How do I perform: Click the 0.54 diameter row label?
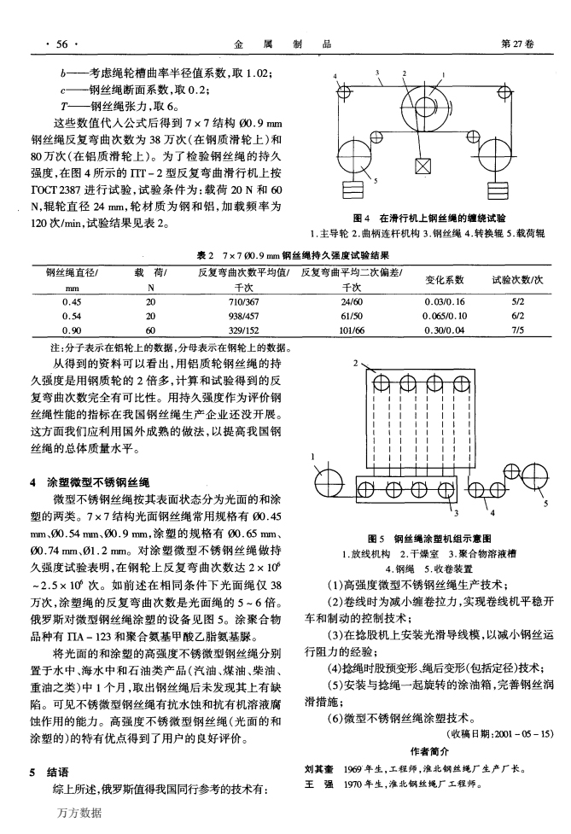coord(71,314)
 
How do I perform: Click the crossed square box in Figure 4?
coord(421,165)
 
